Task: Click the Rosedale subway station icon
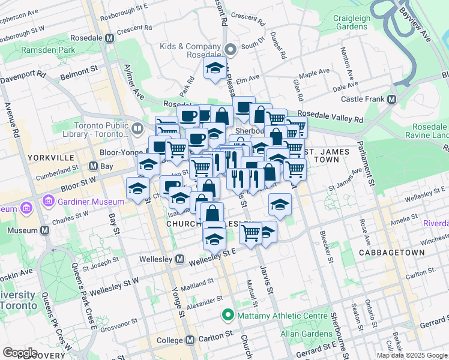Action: (x=109, y=38)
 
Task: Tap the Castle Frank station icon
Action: (x=392, y=99)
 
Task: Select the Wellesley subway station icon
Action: (x=179, y=259)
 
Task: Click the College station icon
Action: (x=190, y=340)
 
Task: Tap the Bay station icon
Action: (x=93, y=166)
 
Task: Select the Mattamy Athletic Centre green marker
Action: (x=228, y=315)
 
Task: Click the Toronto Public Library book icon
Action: (x=137, y=128)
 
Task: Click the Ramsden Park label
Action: (x=47, y=50)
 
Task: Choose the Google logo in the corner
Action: (x=20, y=352)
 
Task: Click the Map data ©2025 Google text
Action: (x=412, y=355)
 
